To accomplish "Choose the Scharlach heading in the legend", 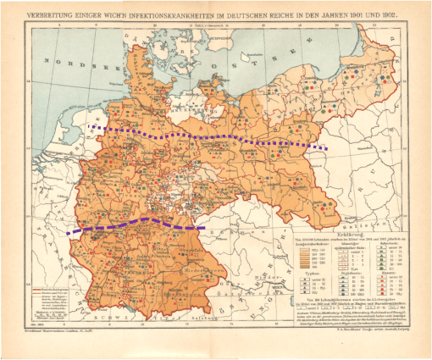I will tap(368, 238).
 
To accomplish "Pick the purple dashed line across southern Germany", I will tap(136, 223).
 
